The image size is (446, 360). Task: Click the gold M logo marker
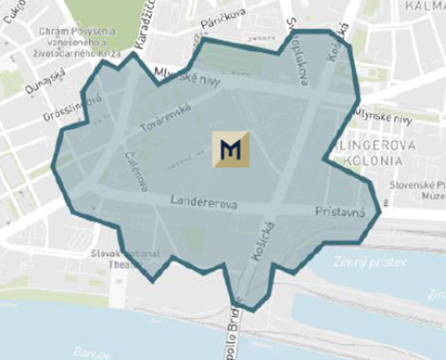tap(231, 149)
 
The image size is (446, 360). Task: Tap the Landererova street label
tap(204, 203)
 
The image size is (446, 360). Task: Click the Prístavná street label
tap(340, 212)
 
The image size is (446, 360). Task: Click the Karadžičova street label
tap(142, 23)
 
